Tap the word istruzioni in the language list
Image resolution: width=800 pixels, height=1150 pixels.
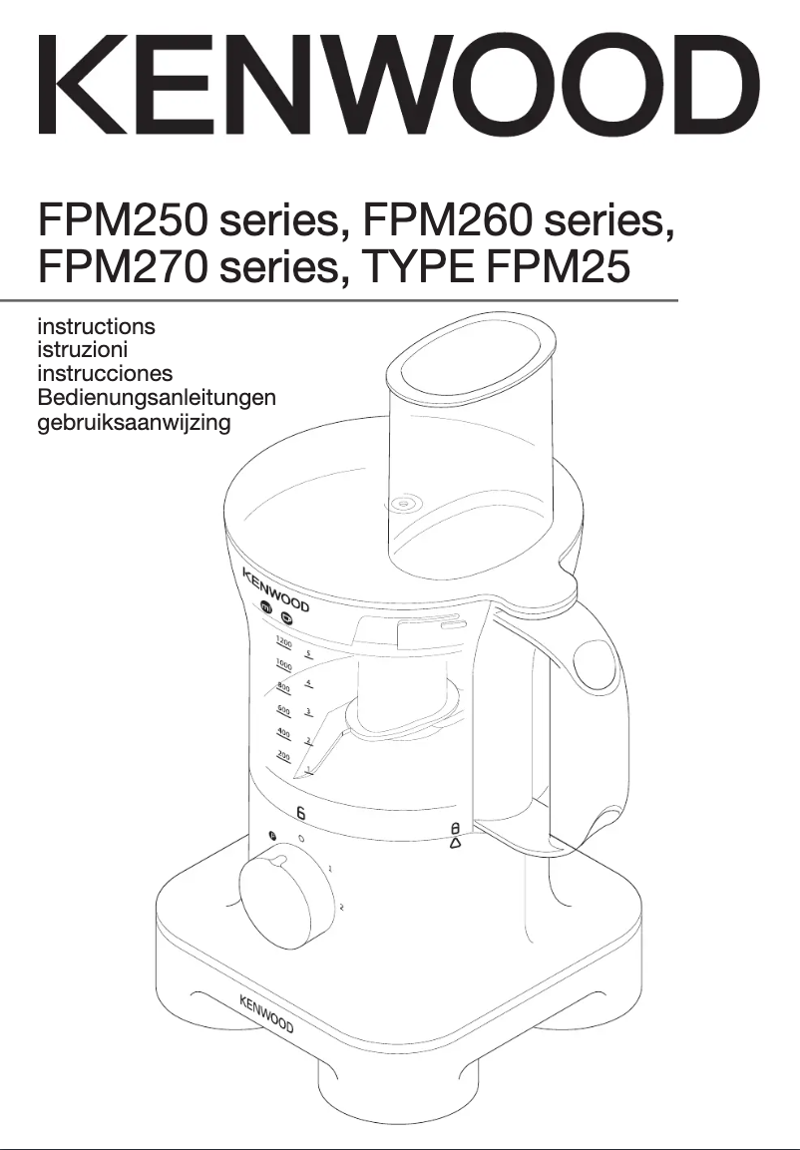pos(82,349)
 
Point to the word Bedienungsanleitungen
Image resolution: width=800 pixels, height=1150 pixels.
pos(156,397)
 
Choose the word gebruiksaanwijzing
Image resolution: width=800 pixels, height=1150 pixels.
pos(134,422)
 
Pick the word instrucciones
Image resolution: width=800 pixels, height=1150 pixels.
pos(105,373)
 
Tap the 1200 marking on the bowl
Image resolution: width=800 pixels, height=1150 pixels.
pos(284,643)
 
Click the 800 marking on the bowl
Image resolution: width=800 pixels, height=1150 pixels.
pos(283,687)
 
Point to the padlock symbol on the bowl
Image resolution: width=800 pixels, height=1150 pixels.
pos(455,828)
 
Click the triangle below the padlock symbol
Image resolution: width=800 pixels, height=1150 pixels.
pos(455,843)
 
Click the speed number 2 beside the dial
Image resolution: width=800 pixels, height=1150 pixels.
pos(341,907)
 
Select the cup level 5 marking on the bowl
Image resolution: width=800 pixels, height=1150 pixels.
pos(309,655)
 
